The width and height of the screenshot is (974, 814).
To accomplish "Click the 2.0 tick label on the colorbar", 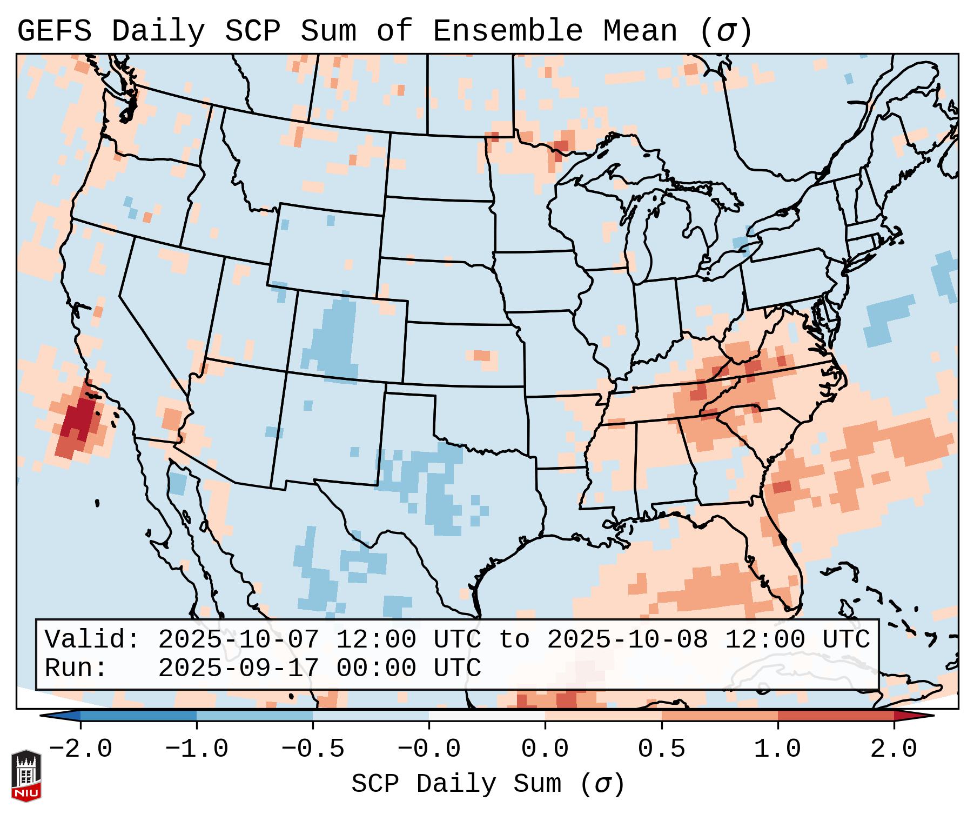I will click(894, 749).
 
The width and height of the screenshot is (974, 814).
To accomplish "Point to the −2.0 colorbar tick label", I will click(80, 749).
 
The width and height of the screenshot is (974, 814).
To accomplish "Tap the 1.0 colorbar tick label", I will click(777, 749).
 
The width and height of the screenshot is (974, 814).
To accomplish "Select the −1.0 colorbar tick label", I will click(197, 749).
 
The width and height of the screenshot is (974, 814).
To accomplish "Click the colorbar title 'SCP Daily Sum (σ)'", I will click(488, 784).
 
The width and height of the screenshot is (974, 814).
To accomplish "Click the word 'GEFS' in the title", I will click(55, 31).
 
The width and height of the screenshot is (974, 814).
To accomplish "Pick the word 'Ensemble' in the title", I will click(508, 31).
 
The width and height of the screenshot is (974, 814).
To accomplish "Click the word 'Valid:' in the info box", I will click(92, 640).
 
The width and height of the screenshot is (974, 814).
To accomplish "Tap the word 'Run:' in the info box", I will click(76, 668).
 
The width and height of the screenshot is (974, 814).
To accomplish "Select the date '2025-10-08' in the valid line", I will click(627, 640).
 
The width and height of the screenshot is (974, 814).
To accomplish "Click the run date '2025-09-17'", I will click(238, 668).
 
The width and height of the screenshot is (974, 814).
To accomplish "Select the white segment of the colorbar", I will click(487, 716).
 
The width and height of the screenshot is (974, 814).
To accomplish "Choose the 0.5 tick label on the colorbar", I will click(661, 749).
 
